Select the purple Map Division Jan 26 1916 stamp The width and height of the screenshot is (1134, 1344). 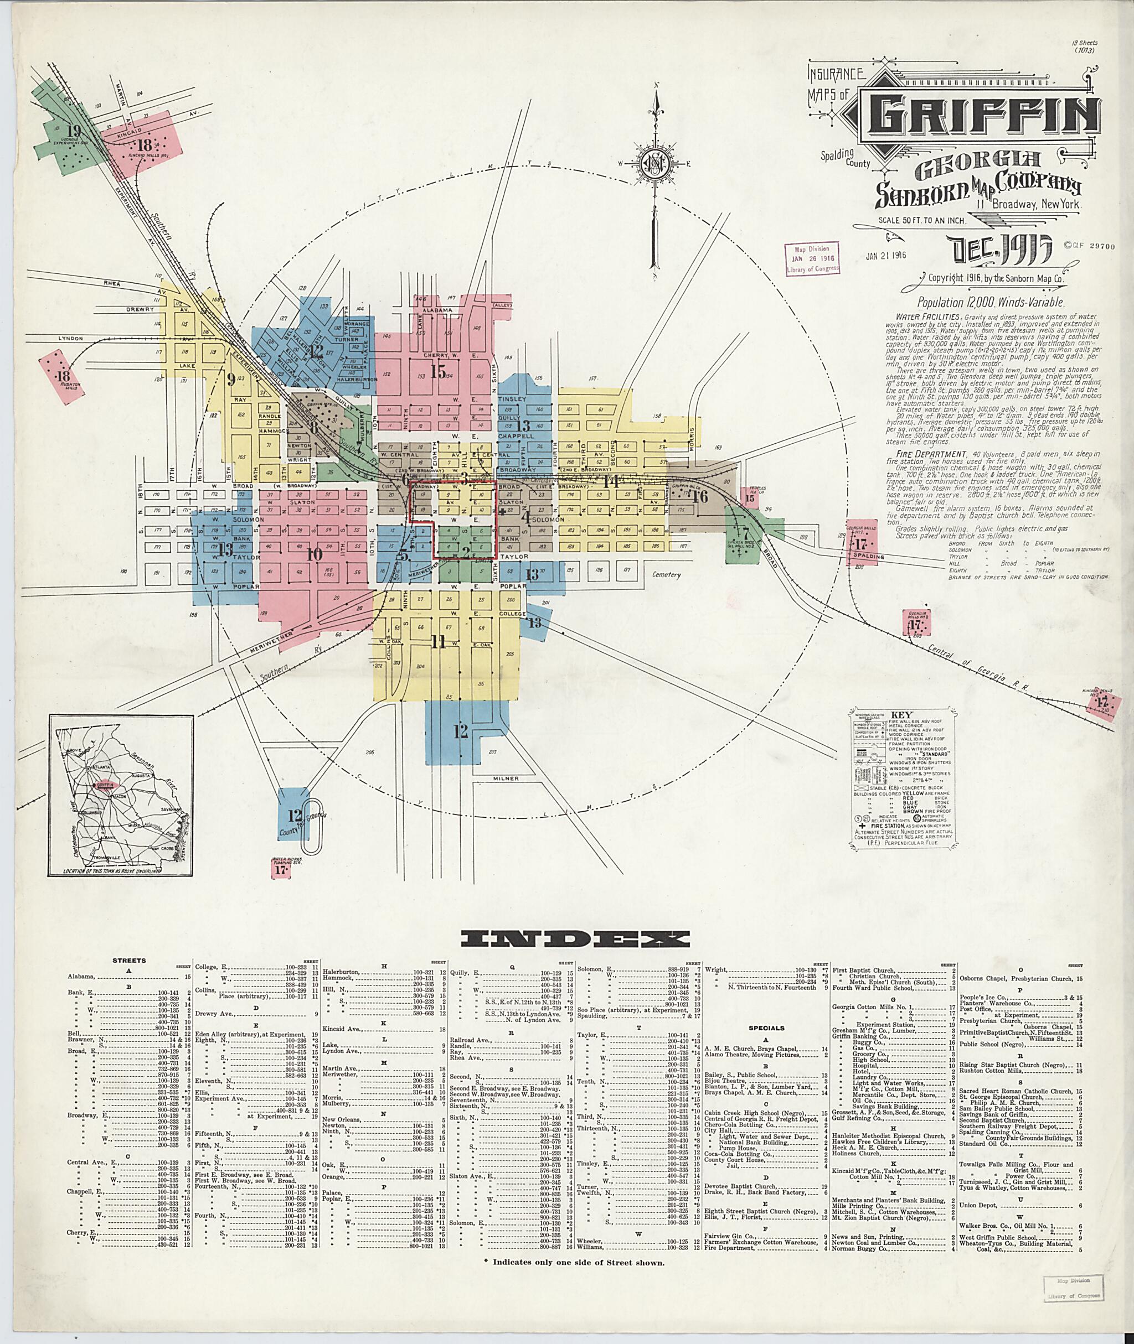pyautogui.click(x=812, y=259)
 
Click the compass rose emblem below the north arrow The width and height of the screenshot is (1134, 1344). pyautogui.click(x=656, y=167)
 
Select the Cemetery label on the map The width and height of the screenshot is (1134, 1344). pyautogui.click(x=664, y=574)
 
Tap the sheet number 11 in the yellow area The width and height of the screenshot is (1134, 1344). pyautogui.click(x=439, y=641)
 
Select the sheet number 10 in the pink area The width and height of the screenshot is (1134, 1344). pyautogui.click(x=314, y=554)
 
